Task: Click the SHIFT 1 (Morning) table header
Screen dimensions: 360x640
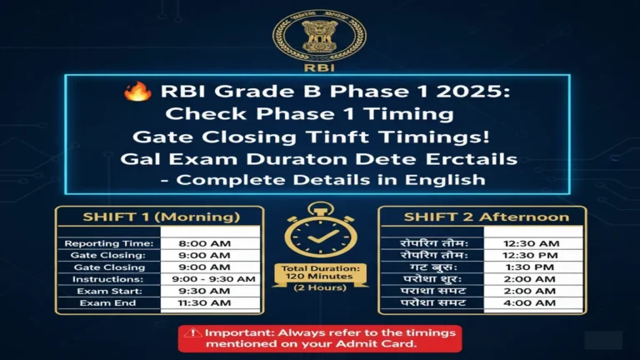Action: [160, 217]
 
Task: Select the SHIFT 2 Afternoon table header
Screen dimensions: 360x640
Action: [481, 217]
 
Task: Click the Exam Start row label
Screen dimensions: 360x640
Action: [112, 291]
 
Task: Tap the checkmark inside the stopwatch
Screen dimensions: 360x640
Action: [319, 235]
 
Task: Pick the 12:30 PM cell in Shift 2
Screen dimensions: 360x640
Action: [532, 254]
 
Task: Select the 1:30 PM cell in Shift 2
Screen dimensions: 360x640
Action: [532, 267]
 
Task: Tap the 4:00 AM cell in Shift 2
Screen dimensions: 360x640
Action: [532, 303]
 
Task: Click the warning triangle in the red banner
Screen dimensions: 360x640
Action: [194, 331]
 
